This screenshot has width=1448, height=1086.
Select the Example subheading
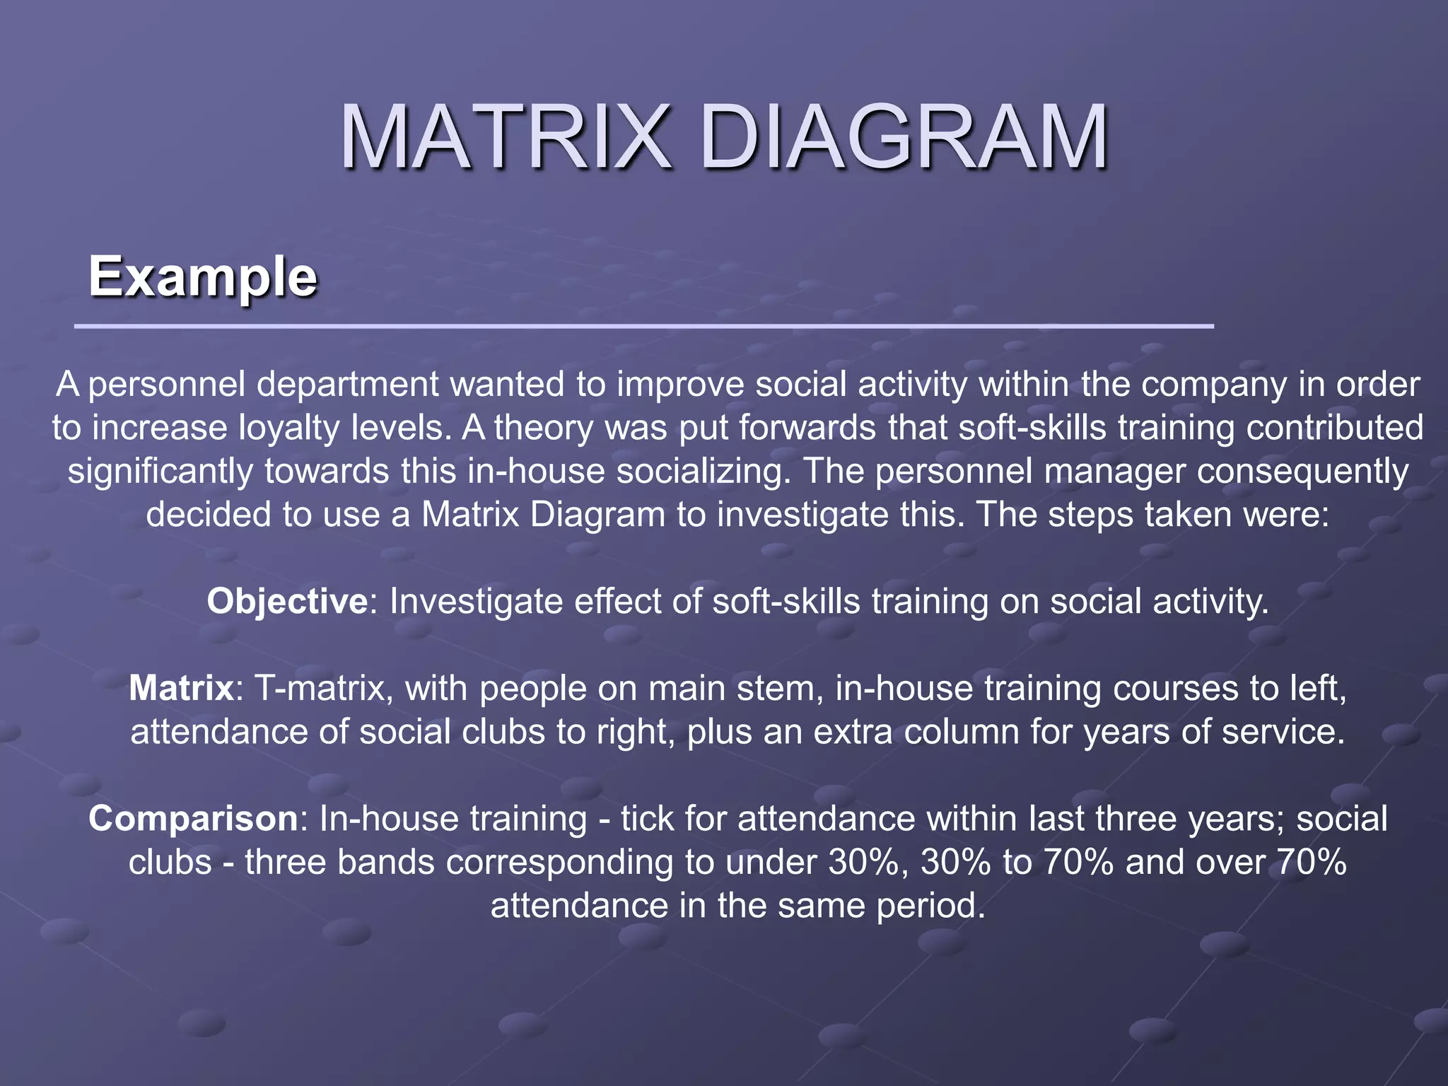pos(203,276)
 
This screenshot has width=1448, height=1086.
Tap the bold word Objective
pos(287,602)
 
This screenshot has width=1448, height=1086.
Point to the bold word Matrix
pos(181,688)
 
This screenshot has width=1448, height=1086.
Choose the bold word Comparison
pos(193,819)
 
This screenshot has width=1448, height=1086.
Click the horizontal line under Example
pos(643,326)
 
